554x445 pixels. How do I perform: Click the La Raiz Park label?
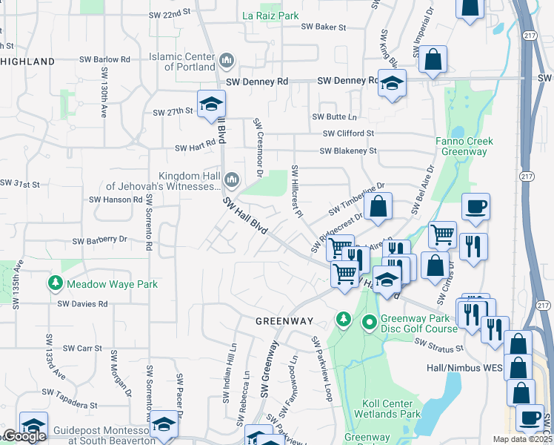[270, 15]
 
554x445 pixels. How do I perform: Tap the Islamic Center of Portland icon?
[227, 59]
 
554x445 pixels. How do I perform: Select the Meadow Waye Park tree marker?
[55, 283]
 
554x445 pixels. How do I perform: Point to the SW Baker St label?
[324, 27]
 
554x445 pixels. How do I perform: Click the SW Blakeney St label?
[348, 151]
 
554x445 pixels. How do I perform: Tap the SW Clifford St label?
[348, 133]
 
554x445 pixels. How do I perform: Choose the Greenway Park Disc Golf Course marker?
[369, 323]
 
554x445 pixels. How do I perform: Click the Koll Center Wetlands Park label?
[391, 409]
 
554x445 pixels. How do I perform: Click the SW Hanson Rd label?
[116, 200]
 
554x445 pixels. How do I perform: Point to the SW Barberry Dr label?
[100, 240]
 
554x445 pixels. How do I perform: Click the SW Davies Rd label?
[83, 303]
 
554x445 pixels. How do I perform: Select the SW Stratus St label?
[439, 346]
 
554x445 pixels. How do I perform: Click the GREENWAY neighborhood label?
[284, 321]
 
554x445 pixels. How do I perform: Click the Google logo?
[24, 436]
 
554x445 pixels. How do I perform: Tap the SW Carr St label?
[82, 348]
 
